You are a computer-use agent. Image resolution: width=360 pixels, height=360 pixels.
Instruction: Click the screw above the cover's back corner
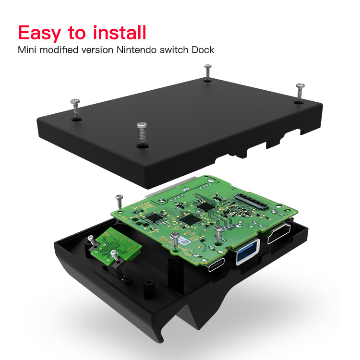coord(207,71)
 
